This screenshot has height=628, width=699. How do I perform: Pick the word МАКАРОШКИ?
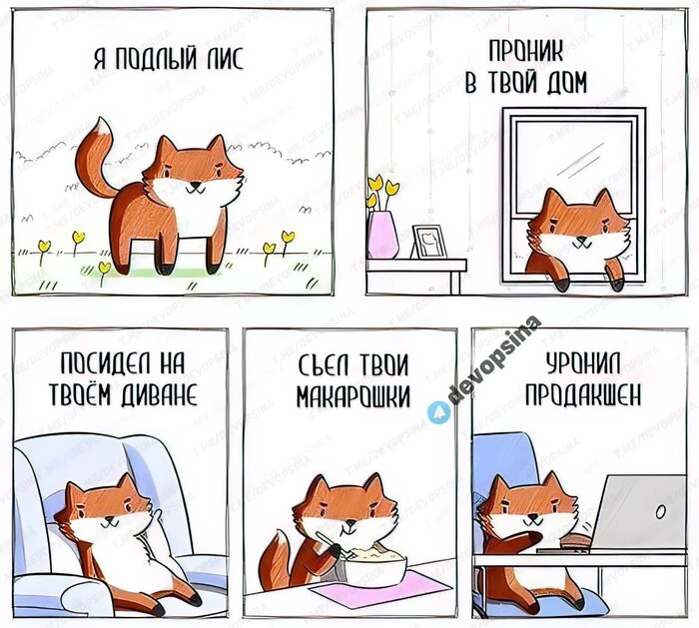click(x=352, y=396)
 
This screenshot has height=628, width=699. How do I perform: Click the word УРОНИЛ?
click(x=578, y=363)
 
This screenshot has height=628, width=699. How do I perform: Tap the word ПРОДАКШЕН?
click(x=578, y=394)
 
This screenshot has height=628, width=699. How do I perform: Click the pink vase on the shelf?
click(x=382, y=235)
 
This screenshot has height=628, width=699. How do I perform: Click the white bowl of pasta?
click(x=377, y=565)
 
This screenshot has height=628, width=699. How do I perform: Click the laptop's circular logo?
click(x=660, y=511)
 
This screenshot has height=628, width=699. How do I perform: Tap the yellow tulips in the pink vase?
click(x=381, y=191)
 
